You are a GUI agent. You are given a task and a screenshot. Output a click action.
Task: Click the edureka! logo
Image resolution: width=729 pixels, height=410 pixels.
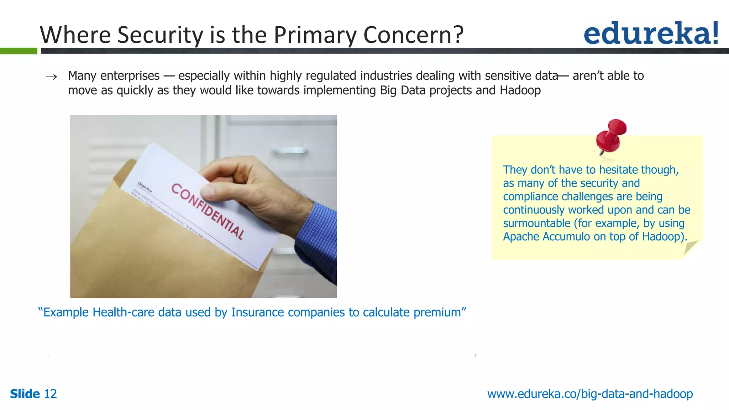tap(651, 33)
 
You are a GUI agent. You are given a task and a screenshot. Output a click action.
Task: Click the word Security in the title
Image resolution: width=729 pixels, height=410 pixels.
tap(160, 35)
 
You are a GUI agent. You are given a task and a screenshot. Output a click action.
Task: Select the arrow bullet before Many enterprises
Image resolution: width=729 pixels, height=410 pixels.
tap(52, 77)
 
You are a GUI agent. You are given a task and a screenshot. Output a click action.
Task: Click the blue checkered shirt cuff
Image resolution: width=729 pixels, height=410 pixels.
tap(317, 235)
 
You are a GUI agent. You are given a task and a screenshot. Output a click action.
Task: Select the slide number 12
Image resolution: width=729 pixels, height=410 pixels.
tap(50, 394)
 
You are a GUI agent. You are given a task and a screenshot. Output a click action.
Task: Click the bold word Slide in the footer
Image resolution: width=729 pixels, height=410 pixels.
tap(25, 394)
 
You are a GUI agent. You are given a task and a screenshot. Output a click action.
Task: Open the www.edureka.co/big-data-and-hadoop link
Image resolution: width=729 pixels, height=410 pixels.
tap(590, 394)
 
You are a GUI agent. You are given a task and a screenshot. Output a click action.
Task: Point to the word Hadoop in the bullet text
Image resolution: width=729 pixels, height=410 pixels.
tap(520, 90)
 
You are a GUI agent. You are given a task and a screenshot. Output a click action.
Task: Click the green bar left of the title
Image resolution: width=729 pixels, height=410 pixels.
tap(19, 51)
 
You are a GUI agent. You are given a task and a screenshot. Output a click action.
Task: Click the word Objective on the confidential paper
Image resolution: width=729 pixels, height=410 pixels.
tap(145, 187)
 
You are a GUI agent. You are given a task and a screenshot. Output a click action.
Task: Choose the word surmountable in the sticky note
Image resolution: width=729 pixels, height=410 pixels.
tap(537, 224)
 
